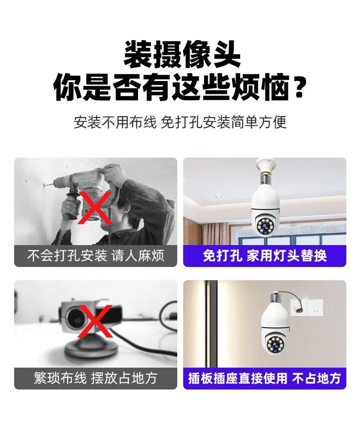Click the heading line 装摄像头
(182, 54)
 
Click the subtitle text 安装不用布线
(115, 123)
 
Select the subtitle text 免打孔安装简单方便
(223, 123)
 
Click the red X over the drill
(95, 207)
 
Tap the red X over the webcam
(95, 321)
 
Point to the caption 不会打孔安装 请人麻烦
(96, 256)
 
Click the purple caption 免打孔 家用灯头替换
(265, 256)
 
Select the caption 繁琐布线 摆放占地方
(96, 378)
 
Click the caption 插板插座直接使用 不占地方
(265, 378)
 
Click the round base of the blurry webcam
(91, 349)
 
